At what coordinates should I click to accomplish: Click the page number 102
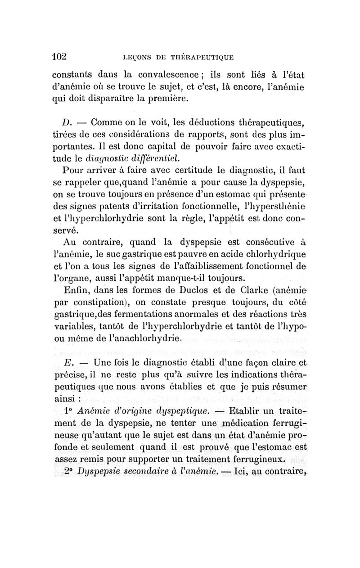coord(59,57)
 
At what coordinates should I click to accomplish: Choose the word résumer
coord(285,388)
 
